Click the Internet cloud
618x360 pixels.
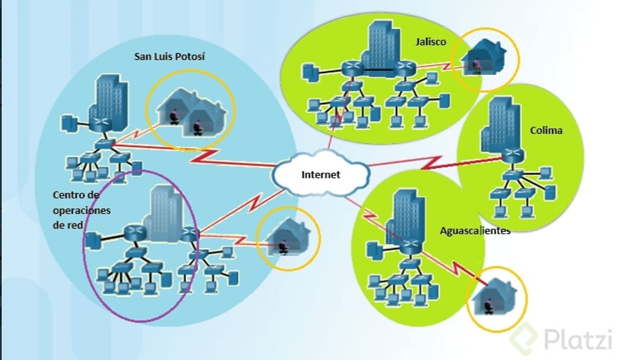click(x=321, y=175)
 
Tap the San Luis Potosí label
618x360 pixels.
click(x=169, y=57)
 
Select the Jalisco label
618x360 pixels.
click(x=430, y=42)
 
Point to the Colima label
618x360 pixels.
click(x=546, y=130)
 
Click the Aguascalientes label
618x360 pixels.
click(x=475, y=231)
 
